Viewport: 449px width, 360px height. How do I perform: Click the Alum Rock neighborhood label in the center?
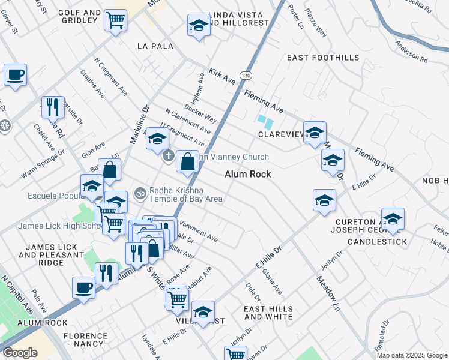pyautogui.click(x=248, y=174)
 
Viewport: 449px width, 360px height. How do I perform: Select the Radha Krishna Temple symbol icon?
pyautogui.click(x=140, y=193)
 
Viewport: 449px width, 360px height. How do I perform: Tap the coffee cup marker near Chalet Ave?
pyautogui.click(x=16, y=76)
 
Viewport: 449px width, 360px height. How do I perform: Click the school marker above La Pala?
pyautogui.click(x=199, y=26)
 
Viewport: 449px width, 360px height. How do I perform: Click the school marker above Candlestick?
pyautogui.click(x=393, y=218)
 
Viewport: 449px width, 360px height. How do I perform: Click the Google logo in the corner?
pyautogui.click(x=20, y=353)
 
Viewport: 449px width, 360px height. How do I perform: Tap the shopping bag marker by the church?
pyautogui.click(x=188, y=161)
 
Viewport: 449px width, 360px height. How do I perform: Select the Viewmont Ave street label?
pyautogui.click(x=199, y=233)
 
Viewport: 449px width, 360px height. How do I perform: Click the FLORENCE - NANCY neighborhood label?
pyautogui.click(x=85, y=340)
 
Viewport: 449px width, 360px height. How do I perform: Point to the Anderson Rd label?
pyautogui.click(x=412, y=52)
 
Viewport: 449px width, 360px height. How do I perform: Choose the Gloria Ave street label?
pyautogui.click(x=272, y=281)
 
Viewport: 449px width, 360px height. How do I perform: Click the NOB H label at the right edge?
pyautogui.click(x=435, y=181)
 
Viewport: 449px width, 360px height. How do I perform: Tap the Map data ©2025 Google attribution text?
pyautogui.click(x=412, y=355)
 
